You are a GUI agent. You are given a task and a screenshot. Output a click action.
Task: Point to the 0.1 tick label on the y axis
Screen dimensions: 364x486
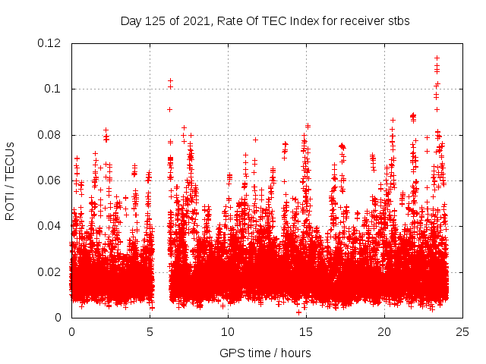[53, 89]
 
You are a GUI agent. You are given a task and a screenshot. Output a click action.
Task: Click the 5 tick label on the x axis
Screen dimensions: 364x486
[150, 332]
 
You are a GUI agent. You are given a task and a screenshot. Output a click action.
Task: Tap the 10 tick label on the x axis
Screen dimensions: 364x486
[228, 332]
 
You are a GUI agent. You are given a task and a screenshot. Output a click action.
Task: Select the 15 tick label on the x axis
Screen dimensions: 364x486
[306, 332]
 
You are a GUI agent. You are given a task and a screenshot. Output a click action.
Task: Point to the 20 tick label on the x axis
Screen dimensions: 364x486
[384, 332]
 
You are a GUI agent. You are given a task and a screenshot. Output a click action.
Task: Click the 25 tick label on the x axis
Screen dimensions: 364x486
[462, 332]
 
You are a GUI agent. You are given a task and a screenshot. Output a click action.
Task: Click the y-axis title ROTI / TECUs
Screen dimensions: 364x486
[11, 180]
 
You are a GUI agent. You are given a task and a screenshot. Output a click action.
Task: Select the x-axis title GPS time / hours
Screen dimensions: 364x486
[265, 353]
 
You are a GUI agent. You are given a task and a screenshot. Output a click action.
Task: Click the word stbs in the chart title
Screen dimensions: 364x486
[399, 21]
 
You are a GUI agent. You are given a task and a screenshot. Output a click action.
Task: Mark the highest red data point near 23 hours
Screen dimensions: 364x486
[437, 58]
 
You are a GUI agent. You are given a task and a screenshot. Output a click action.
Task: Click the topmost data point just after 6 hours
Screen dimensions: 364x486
[170, 80]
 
